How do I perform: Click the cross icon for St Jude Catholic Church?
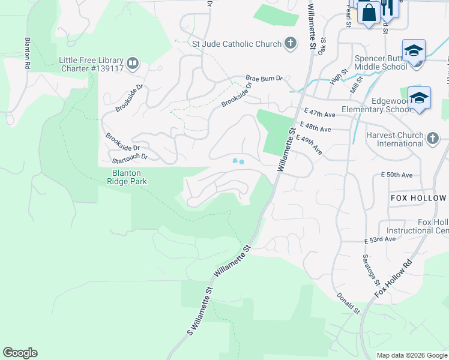pyautogui.click(x=290, y=43)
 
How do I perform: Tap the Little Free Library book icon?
pyautogui.click(x=133, y=62)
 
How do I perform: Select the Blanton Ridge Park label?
pyautogui.click(x=127, y=176)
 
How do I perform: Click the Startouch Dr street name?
pyautogui.click(x=130, y=157)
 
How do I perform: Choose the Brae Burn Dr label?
pyautogui.click(x=268, y=78)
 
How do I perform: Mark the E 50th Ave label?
pyautogui.click(x=397, y=175)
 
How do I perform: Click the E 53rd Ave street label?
pyautogui.click(x=380, y=239)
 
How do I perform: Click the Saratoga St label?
pyautogui.click(x=370, y=269)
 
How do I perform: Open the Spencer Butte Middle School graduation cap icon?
pyautogui.click(x=414, y=51)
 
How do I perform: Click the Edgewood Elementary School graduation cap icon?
pyautogui.click(x=418, y=98)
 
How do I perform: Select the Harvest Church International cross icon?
pyautogui.click(x=432, y=139)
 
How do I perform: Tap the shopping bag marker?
pyautogui.click(x=368, y=11)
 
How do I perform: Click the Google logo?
pyautogui.click(x=20, y=353)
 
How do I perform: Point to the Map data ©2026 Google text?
pyautogui.click(x=411, y=355)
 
